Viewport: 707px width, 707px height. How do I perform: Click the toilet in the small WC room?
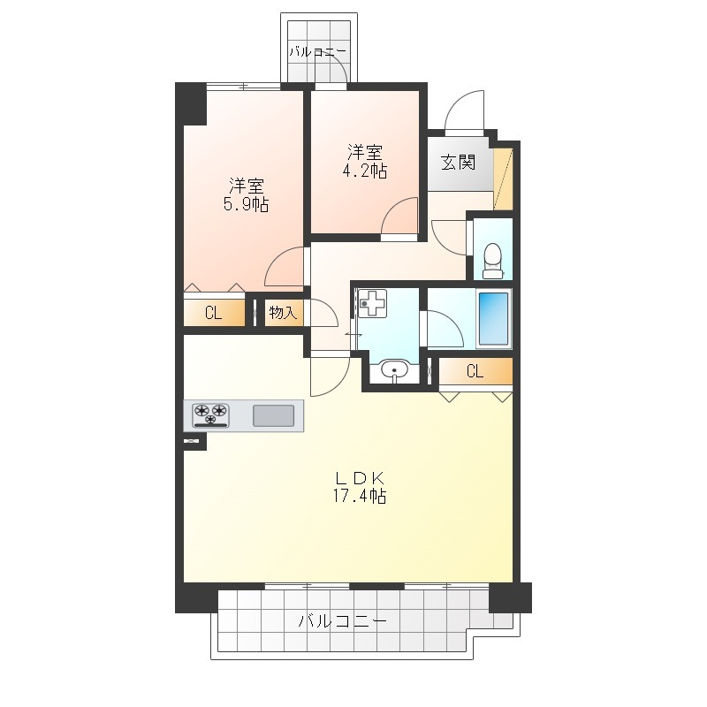click(492, 261)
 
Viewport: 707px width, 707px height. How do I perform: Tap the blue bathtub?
click(493, 319)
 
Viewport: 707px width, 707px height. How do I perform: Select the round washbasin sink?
click(394, 370)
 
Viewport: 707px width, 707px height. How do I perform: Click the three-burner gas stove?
click(210, 414)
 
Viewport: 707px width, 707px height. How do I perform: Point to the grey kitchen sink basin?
click(273, 415)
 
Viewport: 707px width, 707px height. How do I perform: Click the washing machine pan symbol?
click(372, 303)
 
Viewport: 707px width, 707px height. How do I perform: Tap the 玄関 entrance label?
click(458, 163)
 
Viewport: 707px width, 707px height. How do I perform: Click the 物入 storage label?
click(283, 312)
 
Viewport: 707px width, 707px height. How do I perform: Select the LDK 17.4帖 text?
click(360, 487)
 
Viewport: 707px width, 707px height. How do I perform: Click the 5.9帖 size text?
click(247, 205)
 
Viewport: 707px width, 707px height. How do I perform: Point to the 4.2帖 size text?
click(365, 171)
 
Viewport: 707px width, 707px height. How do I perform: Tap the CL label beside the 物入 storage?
click(213, 313)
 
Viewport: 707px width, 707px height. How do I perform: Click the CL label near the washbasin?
click(475, 371)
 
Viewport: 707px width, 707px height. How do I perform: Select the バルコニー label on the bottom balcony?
click(343, 622)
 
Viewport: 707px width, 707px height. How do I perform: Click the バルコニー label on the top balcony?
click(317, 51)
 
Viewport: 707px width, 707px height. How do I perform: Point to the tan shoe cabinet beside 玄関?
click(503, 179)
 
